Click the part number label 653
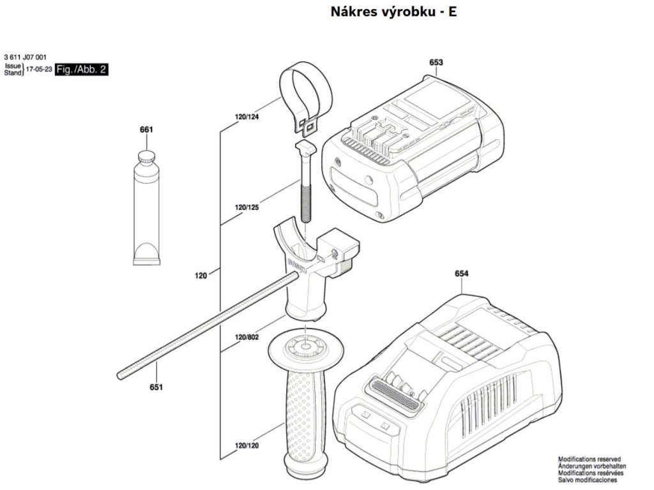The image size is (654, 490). [x=436, y=62]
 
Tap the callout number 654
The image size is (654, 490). [x=462, y=274]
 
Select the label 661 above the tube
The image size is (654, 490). [x=146, y=130]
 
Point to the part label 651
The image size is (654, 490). [x=156, y=387]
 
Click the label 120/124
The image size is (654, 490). [x=247, y=117]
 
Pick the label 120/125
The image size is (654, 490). [x=247, y=207]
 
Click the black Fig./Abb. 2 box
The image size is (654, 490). [x=81, y=69]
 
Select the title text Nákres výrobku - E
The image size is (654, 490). [x=394, y=11]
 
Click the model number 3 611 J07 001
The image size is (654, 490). [x=25, y=56]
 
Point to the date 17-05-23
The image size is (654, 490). [x=39, y=69]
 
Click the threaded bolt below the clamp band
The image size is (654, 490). [x=305, y=191]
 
